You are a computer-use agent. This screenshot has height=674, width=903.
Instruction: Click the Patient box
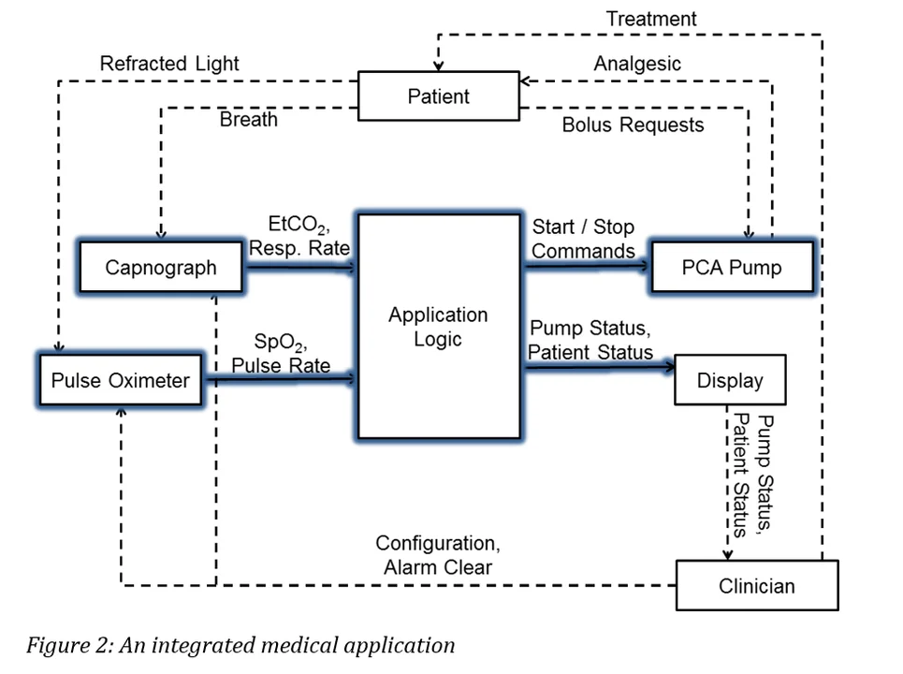(439, 96)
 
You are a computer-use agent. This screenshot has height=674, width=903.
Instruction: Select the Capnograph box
(160, 268)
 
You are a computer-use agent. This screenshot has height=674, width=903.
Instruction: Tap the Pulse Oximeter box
(120, 380)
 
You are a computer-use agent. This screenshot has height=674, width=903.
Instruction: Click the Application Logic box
(439, 327)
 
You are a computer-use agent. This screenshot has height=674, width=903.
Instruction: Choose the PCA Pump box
(731, 268)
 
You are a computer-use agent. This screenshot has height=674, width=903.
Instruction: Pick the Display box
(730, 380)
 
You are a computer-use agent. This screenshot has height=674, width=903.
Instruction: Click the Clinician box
(757, 586)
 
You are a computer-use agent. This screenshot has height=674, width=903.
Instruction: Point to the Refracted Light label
(169, 64)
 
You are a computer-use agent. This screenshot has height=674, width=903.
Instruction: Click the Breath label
(248, 121)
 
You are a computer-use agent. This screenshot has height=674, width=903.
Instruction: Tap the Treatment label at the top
(651, 19)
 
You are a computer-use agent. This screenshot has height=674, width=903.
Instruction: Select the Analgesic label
(637, 64)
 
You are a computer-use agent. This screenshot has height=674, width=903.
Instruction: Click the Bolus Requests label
(633, 125)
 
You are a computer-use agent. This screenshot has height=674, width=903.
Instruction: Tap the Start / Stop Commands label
(583, 239)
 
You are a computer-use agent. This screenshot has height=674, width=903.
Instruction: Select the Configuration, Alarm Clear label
(435, 555)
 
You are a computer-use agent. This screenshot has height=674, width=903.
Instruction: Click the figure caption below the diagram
(240, 645)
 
